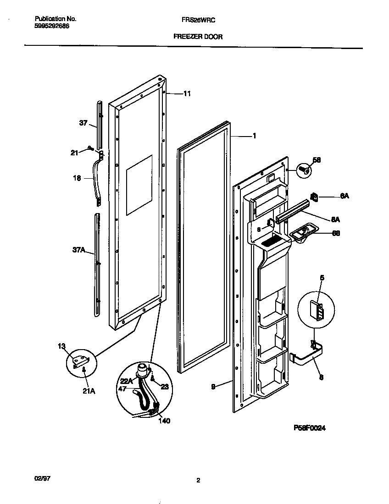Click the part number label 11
(x=187, y=93)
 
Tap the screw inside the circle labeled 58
(x=303, y=170)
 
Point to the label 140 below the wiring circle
(x=164, y=421)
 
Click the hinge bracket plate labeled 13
(x=81, y=361)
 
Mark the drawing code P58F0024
(x=310, y=427)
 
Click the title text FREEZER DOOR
(x=198, y=37)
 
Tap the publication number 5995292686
(x=52, y=26)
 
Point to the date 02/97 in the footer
(x=42, y=478)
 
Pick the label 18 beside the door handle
(x=77, y=178)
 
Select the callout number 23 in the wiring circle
(x=164, y=386)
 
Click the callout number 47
(x=122, y=389)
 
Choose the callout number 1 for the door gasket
(x=254, y=136)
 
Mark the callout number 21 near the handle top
(x=74, y=153)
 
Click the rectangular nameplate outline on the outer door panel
(x=139, y=185)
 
